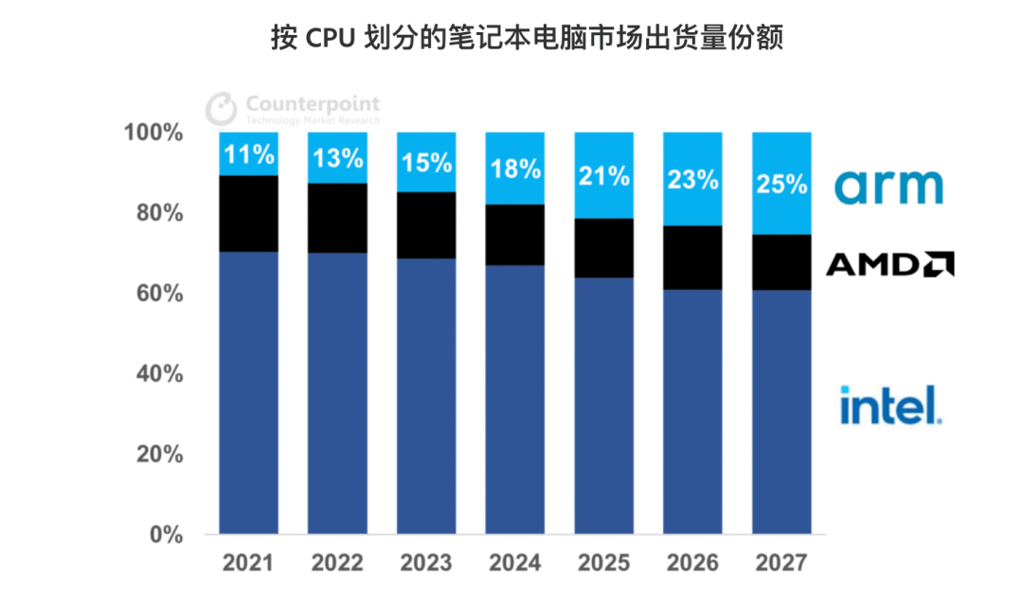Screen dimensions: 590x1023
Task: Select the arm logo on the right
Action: (x=888, y=187)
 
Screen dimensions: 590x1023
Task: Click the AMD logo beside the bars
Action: (x=889, y=264)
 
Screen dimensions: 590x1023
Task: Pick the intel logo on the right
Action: (x=889, y=404)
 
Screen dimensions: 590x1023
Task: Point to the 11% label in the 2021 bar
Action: (x=248, y=154)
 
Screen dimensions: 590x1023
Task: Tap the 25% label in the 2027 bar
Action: (x=781, y=184)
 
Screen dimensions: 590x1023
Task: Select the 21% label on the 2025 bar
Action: (x=604, y=175)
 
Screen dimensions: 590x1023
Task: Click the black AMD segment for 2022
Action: (x=337, y=218)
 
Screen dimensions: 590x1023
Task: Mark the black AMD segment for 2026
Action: (x=692, y=258)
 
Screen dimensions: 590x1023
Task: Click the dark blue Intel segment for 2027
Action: (x=781, y=412)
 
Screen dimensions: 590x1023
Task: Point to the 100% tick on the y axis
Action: (x=153, y=133)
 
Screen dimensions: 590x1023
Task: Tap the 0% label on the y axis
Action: (x=164, y=535)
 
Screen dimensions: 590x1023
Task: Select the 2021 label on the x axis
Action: (x=248, y=563)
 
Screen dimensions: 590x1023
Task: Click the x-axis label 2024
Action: (x=515, y=563)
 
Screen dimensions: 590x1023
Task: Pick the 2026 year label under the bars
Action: (x=692, y=563)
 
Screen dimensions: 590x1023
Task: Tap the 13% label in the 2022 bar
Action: (x=337, y=158)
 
